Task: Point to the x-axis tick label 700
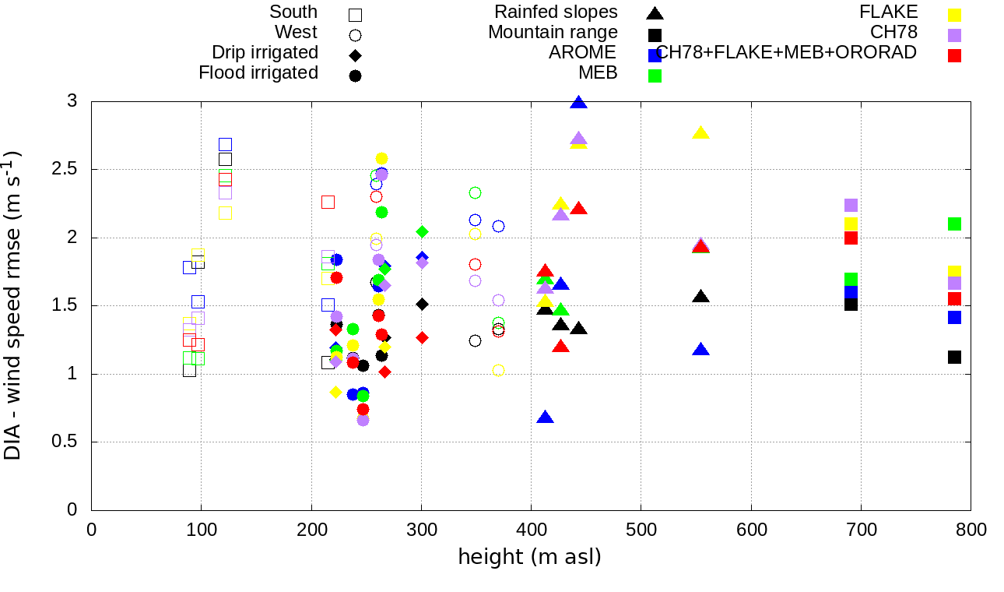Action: tap(862, 530)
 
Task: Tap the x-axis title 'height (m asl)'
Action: tap(530, 557)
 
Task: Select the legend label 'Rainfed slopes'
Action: tap(556, 12)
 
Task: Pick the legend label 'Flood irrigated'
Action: tap(258, 73)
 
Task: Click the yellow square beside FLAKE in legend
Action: tap(954, 14)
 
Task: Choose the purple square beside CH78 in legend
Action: tap(954, 35)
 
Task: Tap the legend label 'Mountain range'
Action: tap(553, 33)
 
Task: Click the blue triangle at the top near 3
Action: tap(578, 102)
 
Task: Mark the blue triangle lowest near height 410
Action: tap(546, 418)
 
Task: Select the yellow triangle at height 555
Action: tap(700, 132)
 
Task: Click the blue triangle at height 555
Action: tap(701, 350)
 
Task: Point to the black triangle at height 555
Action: tap(700, 296)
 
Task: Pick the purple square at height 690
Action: tap(851, 205)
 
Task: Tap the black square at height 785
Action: tap(954, 357)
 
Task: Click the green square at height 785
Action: tap(954, 224)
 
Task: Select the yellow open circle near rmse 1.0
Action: tap(498, 370)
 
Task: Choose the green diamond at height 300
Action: tap(422, 231)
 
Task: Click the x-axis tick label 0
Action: tap(91, 530)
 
